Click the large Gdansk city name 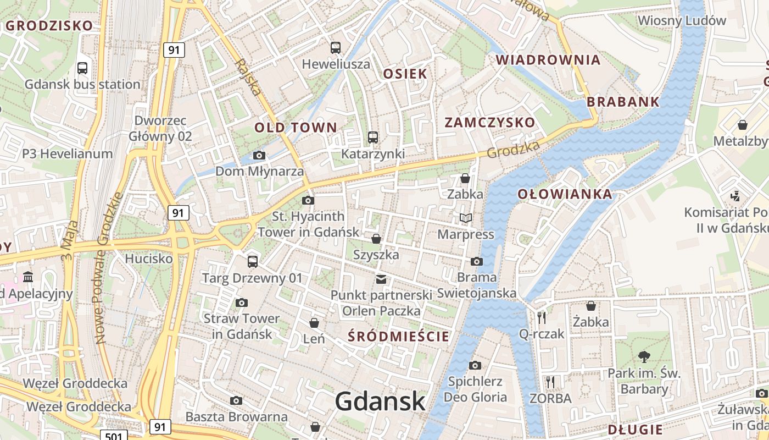(380, 401)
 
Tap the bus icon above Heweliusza (336, 48)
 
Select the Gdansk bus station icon (82, 68)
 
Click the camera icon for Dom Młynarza (259, 156)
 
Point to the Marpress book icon (466, 218)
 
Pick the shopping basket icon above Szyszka (376, 239)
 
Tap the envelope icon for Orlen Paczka (381, 279)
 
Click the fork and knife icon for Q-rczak (542, 317)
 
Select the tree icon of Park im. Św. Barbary (644, 357)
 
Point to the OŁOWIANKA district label (565, 194)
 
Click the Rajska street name (248, 77)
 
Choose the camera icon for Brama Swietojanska (477, 261)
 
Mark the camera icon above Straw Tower (241, 302)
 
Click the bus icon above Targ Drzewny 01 (253, 261)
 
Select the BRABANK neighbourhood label (623, 102)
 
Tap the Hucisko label (148, 258)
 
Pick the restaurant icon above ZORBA (550, 382)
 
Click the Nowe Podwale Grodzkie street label (109, 269)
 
